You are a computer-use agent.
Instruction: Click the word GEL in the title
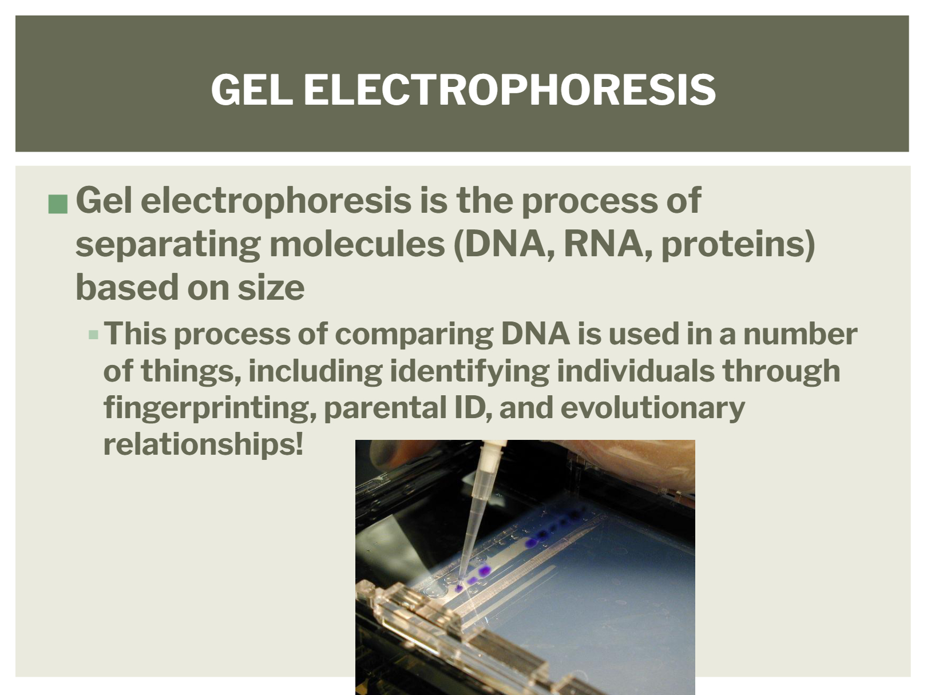coord(252,89)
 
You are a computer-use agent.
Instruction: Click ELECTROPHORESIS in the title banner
coord(509,89)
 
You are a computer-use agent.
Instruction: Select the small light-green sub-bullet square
coord(93,335)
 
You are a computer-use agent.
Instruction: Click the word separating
coord(168,245)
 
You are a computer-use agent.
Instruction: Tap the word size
coord(271,288)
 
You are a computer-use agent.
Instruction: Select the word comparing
coord(414,335)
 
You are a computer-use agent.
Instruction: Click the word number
coord(800,334)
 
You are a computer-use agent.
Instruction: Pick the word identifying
coord(469,372)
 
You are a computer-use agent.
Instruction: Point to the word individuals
coord(636,371)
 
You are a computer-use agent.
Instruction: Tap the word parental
coord(385,408)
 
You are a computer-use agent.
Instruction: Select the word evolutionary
coord(652,408)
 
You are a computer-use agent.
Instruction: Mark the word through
coord(781,372)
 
